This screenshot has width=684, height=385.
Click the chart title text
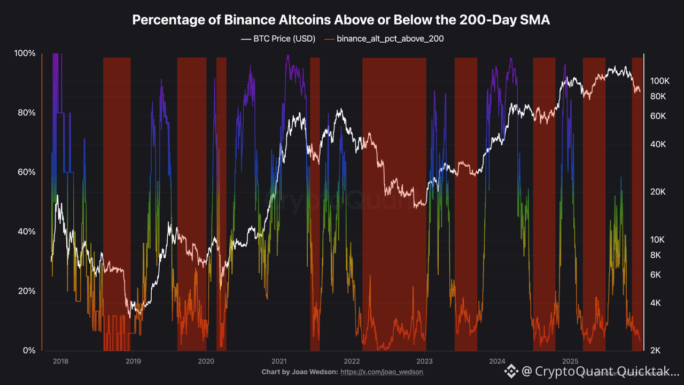click(x=341, y=20)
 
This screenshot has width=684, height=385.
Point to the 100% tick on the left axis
click(x=25, y=53)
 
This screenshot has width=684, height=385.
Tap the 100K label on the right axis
click(x=660, y=81)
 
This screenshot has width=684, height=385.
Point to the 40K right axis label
click(x=658, y=144)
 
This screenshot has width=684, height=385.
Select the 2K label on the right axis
click(x=656, y=350)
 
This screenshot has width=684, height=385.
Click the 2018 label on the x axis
click(x=60, y=361)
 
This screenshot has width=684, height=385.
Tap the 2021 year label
click(x=279, y=361)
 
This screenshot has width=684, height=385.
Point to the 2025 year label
click(x=570, y=361)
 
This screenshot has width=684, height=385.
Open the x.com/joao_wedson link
click(x=382, y=372)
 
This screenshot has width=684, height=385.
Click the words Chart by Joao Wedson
click(x=299, y=372)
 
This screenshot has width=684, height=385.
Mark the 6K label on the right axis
click(x=656, y=274)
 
